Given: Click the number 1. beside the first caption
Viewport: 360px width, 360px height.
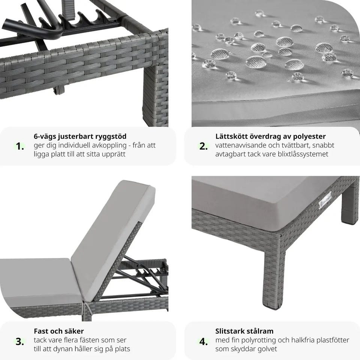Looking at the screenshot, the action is [20, 146].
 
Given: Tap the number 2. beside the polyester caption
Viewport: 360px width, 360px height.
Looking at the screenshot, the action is [203, 146].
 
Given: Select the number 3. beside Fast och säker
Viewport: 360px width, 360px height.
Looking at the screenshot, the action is [20, 341].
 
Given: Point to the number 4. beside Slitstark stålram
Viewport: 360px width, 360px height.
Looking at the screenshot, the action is [203, 341].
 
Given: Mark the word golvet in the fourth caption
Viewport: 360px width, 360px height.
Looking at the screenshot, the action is [267, 349].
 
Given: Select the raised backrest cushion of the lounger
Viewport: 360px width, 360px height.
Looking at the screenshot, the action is [112, 239].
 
